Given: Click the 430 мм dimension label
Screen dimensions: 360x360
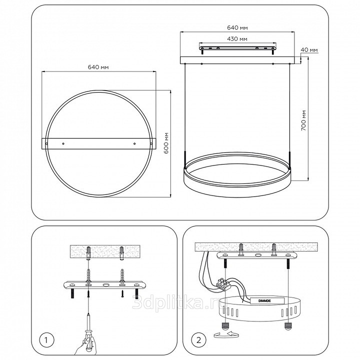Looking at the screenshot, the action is tap(237, 39).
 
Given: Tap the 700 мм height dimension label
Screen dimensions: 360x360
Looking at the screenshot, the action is tap(303, 120).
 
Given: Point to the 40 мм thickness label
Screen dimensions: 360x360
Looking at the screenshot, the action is tap(309, 50).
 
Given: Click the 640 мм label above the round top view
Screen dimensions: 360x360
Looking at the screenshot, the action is tap(98, 67).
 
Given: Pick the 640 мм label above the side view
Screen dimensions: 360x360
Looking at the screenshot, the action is tap(237, 28).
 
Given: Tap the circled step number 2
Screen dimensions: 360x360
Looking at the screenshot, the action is tap(198, 340).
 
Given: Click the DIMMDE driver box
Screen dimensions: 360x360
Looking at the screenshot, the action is tap(267, 301).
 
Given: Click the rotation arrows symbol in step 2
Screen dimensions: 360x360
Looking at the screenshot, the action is tap(226, 334).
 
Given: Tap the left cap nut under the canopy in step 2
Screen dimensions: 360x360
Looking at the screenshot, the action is tap(225, 325).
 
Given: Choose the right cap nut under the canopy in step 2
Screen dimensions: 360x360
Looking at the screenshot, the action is tap(287, 325).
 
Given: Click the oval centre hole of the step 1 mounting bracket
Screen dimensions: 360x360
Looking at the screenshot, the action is tap(106, 285).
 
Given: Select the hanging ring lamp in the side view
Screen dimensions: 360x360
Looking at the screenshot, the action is tap(237, 174).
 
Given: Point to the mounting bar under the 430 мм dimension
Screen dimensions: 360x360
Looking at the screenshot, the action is tap(237, 48).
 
